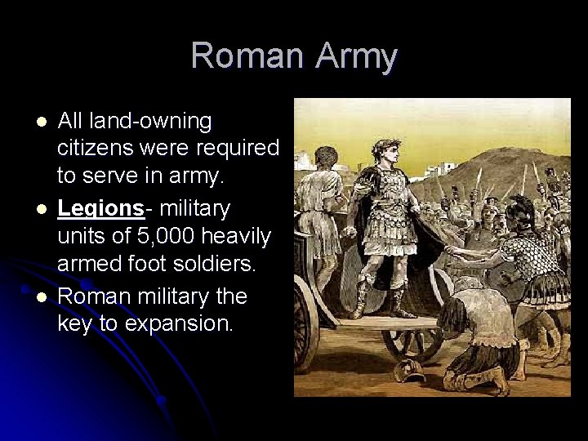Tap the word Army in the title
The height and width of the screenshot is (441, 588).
353,56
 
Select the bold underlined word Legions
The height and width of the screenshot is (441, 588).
100,208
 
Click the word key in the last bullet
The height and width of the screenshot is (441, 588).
73,323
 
